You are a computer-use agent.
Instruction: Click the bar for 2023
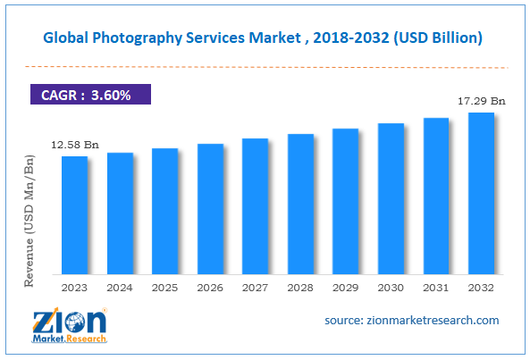(74, 214)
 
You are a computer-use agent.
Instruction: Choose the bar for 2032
(481, 192)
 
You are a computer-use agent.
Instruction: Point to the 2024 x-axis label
(120, 288)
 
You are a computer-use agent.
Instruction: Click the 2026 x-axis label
(210, 288)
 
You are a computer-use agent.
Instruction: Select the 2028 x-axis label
(300, 288)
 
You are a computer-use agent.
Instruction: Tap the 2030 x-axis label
(391, 288)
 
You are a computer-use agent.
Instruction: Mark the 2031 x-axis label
(435, 288)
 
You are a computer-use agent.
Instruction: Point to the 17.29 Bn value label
(481, 102)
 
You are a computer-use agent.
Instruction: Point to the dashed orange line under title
(265, 66)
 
